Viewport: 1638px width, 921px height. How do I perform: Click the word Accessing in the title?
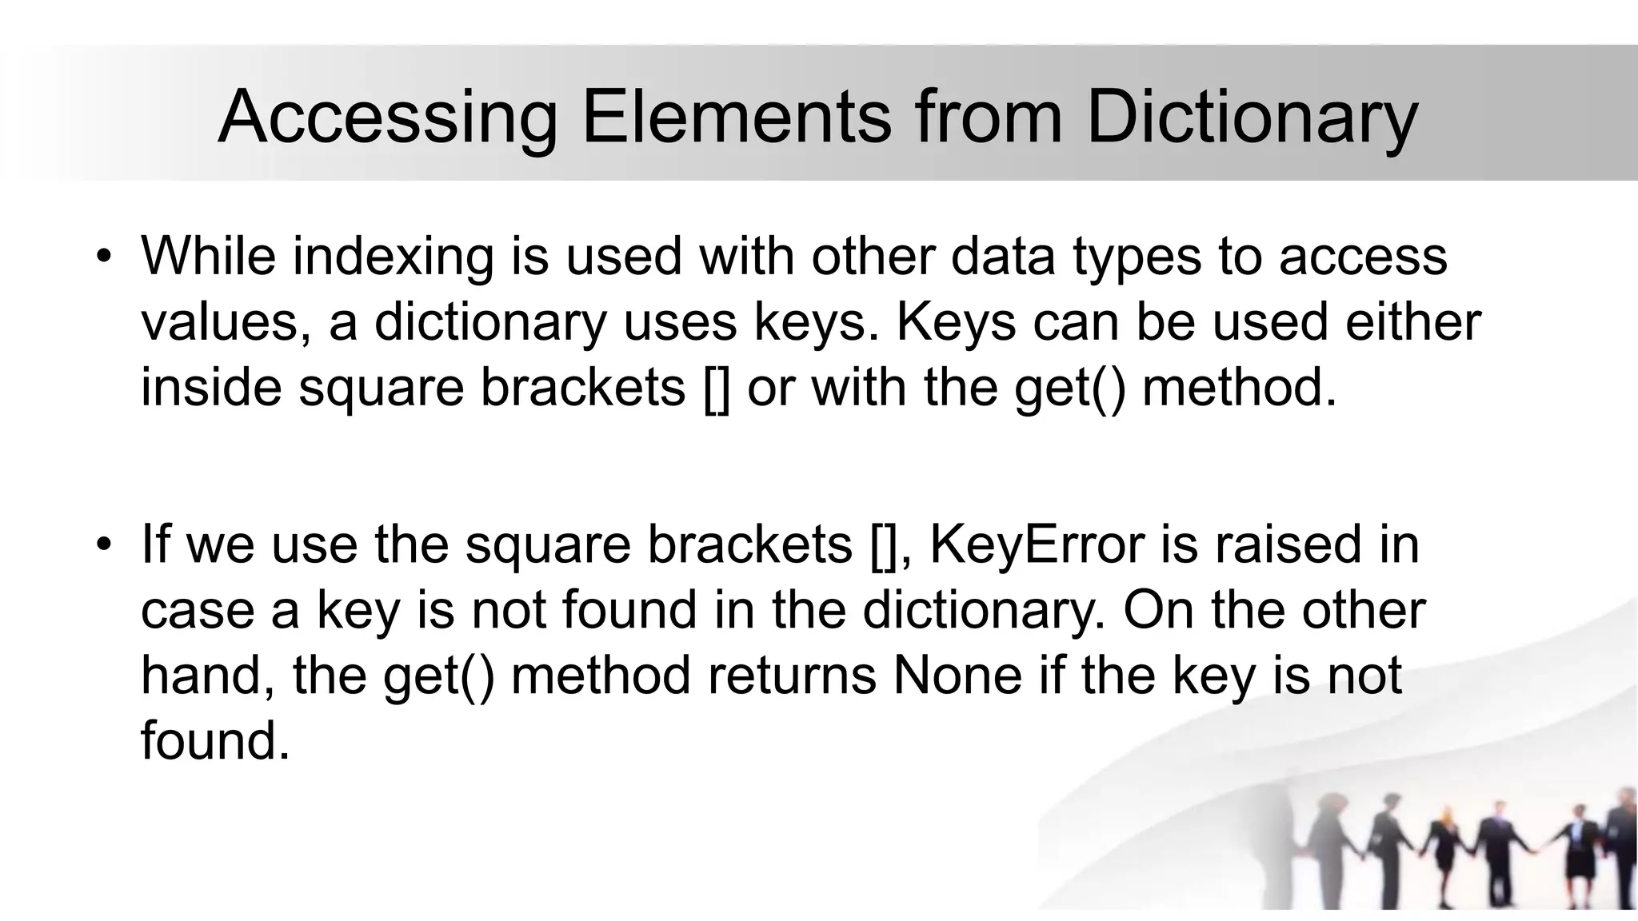coord(387,118)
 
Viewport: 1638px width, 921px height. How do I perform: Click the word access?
coord(1363,257)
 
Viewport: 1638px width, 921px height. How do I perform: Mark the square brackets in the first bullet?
coord(717,389)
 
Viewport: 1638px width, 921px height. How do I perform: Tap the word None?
coord(957,675)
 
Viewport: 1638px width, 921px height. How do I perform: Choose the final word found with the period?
coord(214,740)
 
